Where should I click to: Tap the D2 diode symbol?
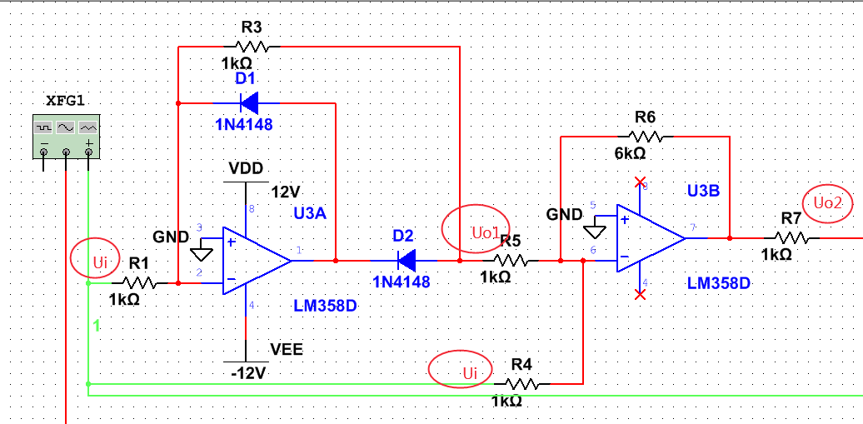click(x=405, y=261)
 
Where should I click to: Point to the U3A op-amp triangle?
click(x=254, y=261)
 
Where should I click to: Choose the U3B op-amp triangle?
click(x=648, y=237)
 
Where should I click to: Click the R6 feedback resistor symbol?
click(x=645, y=136)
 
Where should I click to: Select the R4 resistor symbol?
click(x=521, y=384)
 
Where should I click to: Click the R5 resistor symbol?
click(x=511, y=261)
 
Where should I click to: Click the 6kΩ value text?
click(x=629, y=153)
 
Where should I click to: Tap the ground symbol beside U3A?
click(x=202, y=253)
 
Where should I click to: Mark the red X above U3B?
click(x=640, y=182)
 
